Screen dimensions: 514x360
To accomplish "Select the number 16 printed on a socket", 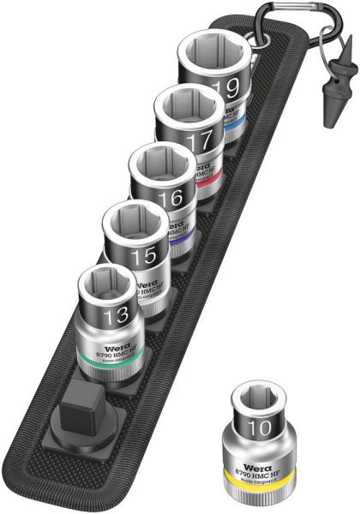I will coord(171,198).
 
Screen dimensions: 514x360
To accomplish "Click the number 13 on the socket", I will coord(115,317).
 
